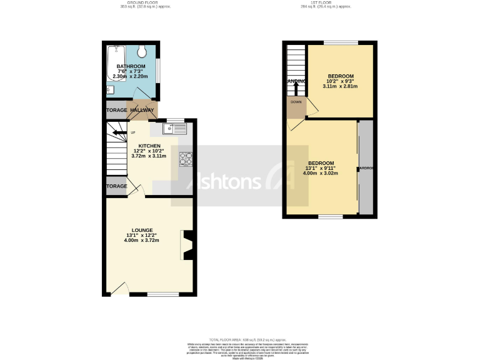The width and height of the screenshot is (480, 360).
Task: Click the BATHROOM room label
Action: click(x=131, y=67)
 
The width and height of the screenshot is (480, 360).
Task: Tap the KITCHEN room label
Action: click(x=149, y=146)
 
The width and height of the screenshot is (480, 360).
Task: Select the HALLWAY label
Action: click(x=142, y=110)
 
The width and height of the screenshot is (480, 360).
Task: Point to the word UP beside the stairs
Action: click(x=132, y=132)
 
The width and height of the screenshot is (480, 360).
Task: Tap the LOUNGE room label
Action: click(x=142, y=231)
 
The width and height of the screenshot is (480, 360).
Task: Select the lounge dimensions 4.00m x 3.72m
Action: click(x=142, y=241)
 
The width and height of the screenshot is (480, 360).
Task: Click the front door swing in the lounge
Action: click(x=121, y=289)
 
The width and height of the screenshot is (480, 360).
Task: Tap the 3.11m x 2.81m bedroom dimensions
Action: click(x=341, y=86)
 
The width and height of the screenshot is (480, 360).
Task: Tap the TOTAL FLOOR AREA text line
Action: click(x=240, y=338)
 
